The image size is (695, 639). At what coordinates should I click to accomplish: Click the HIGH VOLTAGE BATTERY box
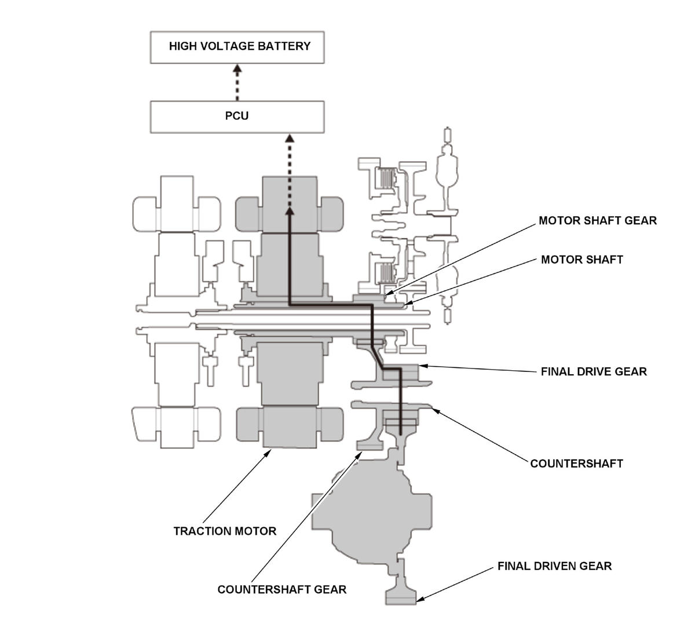[x=237, y=48]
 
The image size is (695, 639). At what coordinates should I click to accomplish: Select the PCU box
[x=237, y=117]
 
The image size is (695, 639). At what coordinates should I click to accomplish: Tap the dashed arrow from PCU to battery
[x=237, y=82]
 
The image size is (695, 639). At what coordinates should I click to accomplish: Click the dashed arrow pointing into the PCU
[x=290, y=171]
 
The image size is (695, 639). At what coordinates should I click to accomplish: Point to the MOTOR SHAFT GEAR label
[x=598, y=221]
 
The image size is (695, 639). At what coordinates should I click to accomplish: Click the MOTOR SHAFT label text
[x=582, y=260]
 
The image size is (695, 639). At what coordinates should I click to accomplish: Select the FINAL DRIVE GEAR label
[x=594, y=372]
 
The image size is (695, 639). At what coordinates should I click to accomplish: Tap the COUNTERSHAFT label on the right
[x=576, y=463]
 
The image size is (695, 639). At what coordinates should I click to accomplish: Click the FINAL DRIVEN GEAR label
[x=555, y=566]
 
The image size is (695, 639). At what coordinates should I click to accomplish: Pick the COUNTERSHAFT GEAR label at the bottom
[x=282, y=590]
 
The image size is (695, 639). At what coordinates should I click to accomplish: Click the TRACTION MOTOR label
[x=225, y=531]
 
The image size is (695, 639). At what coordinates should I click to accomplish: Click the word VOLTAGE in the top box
[x=227, y=46]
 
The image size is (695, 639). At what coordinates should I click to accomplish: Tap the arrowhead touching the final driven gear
[x=420, y=599]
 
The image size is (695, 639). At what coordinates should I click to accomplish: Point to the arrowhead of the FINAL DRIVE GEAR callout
[x=423, y=366]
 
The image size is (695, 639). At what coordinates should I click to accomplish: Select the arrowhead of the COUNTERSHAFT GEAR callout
[x=359, y=455]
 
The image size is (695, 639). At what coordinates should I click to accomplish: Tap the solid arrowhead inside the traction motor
[x=290, y=211]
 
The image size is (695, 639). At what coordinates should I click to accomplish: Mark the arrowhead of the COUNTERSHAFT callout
[x=436, y=411]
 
